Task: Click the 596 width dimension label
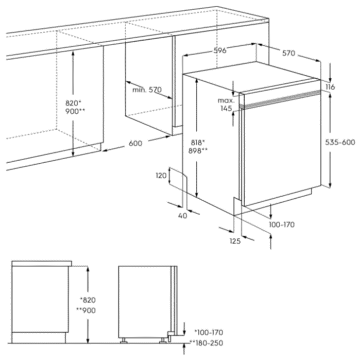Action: [x=219, y=50]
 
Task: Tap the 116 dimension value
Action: [x=330, y=87]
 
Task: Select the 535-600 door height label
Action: [x=340, y=142]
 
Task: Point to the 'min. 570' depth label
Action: [x=147, y=90]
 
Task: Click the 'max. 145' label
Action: [x=226, y=105]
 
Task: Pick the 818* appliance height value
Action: [x=198, y=143]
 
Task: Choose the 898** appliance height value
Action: [x=198, y=151]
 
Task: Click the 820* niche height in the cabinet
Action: [x=73, y=103]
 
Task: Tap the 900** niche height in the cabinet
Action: [x=75, y=111]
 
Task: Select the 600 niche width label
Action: [x=135, y=143]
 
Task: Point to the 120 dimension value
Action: [x=161, y=176]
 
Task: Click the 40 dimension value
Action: [x=183, y=216]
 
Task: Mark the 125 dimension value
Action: [x=235, y=241]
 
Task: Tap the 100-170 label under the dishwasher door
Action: [x=282, y=224]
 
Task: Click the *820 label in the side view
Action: [x=88, y=300]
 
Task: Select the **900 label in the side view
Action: [x=86, y=310]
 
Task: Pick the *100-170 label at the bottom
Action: [x=209, y=333]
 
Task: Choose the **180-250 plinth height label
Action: [x=207, y=343]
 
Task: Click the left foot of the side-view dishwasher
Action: [x=124, y=340]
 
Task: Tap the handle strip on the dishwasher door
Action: [x=280, y=99]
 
